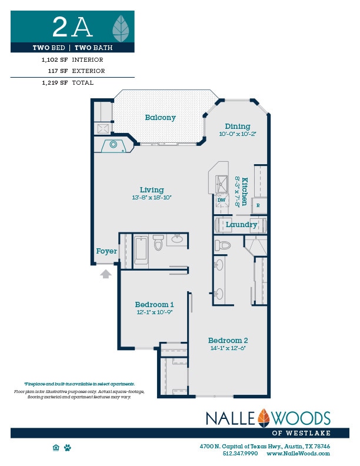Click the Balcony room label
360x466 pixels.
coord(160,118)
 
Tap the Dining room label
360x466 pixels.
coord(237,127)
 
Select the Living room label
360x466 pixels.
coord(151,190)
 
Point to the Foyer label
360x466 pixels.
coord(106,251)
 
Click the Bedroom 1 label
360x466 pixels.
coord(154,304)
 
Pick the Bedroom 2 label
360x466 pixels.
coord(228,341)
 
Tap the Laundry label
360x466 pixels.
coord(241,225)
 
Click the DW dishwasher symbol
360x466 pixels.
coord(222,201)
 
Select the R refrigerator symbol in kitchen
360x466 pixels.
coord(258,205)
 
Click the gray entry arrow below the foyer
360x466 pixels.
coord(106,274)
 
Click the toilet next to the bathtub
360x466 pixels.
coord(158,243)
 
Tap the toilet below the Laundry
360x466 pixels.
coord(222,245)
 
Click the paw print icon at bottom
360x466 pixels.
coord(68,448)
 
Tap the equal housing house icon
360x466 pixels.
coord(56,448)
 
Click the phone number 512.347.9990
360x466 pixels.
coord(240,454)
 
